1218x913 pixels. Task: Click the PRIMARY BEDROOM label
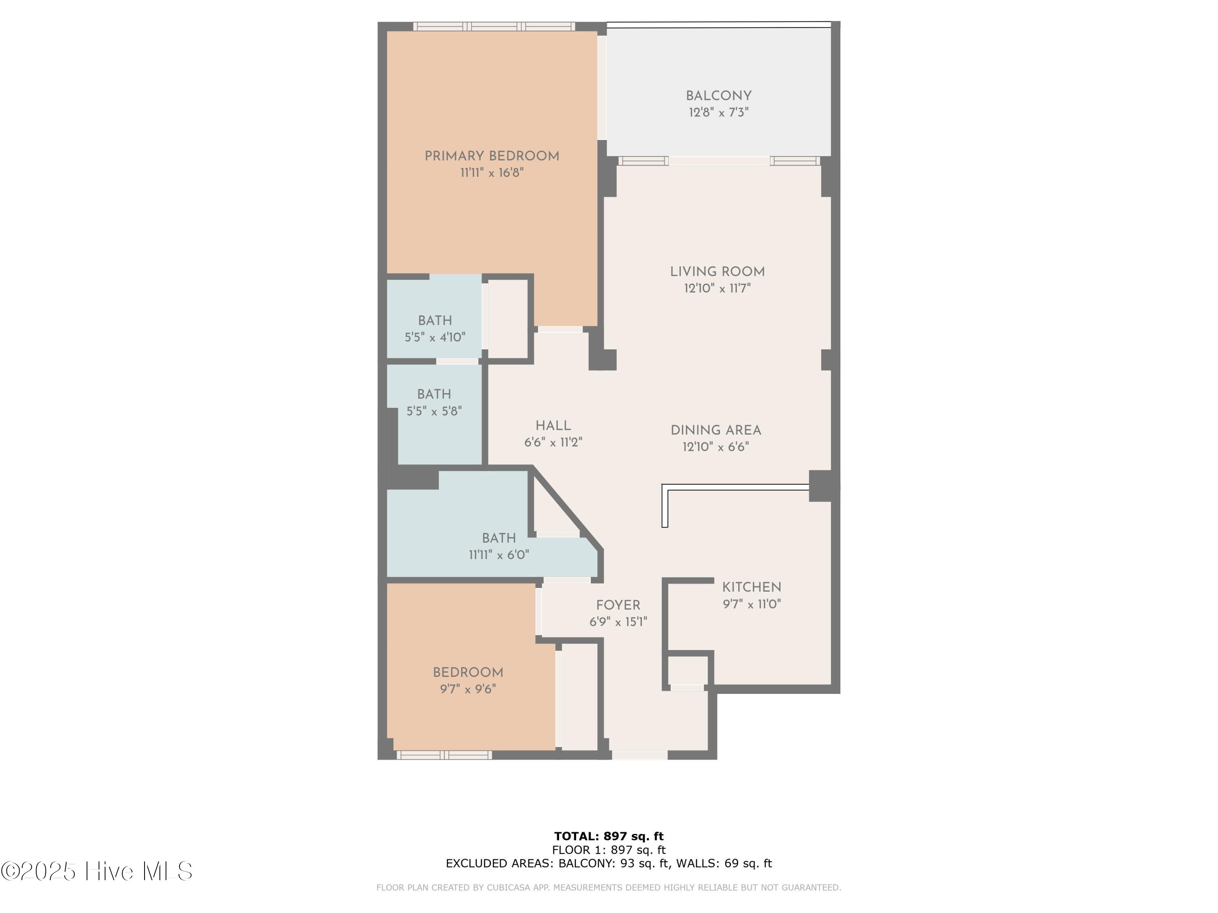click(x=492, y=156)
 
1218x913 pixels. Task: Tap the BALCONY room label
click(x=719, y=96)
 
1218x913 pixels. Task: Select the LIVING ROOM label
click(x=717, y=272)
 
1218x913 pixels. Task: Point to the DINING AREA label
click(x=716, y=431)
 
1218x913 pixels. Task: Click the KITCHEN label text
click(x=752, y=587)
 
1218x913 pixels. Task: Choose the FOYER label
click(x=618, y=605)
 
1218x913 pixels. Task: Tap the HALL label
click(x=553, y=425)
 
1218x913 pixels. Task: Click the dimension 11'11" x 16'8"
click(x=492, y=173)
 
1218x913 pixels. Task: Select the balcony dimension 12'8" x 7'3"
click(x=719, y=112)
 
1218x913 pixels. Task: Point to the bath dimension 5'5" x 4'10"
click(x=435, y=337)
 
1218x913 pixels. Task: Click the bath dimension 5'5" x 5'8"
click(x=434, y=411)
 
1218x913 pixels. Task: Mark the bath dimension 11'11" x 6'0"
click(x=499, y=555)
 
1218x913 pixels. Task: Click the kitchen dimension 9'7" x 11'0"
click(x=752, y=604)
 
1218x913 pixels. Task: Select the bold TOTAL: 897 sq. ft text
click(x=609, y=836)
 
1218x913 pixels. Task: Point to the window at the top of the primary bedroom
click(x=494, y=26)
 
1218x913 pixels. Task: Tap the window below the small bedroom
click(x=444, y=755)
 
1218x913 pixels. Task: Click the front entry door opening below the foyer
click(x=639, y=755)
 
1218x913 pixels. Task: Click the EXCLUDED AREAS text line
click(x=609, y=863)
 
